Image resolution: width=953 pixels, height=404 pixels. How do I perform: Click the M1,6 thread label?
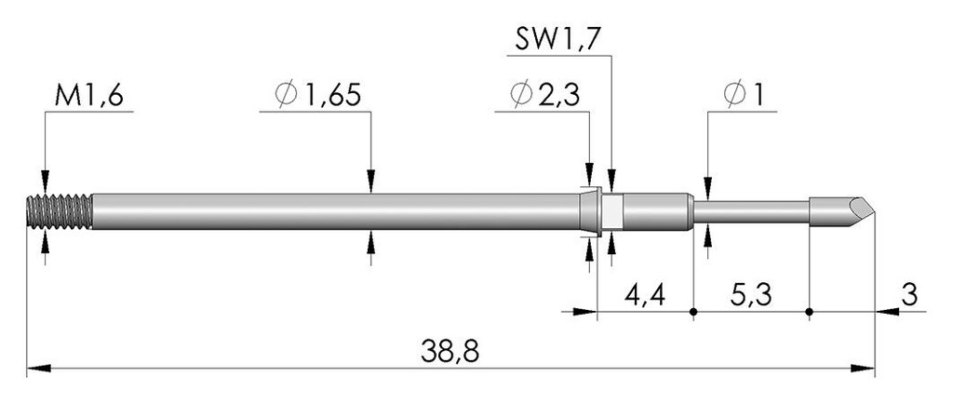point(88,95)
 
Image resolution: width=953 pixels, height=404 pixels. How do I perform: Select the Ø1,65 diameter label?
point(318,95)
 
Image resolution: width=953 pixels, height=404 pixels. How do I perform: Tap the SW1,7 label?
point(558,40)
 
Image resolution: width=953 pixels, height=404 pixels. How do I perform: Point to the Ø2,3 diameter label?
point(545,95)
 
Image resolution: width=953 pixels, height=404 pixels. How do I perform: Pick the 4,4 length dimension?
point(645,295)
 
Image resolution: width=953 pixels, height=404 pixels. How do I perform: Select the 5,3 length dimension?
point(751,295)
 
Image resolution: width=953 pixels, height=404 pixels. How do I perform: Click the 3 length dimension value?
point(909,295)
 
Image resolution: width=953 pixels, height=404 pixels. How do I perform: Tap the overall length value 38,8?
point(450,352)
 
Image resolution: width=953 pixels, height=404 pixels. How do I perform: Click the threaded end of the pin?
point(60,211)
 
